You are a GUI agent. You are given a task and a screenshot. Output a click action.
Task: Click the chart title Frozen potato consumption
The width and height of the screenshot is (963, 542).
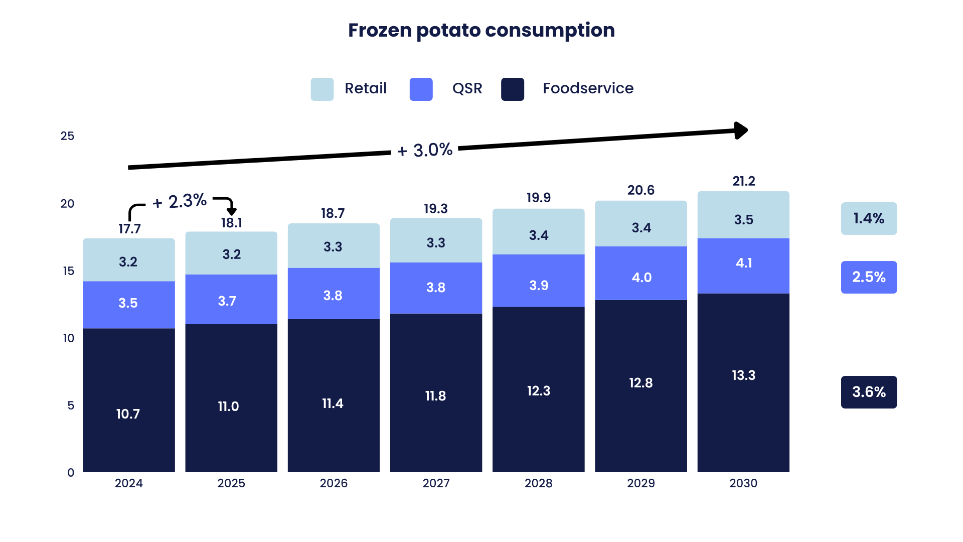tap(481, 30)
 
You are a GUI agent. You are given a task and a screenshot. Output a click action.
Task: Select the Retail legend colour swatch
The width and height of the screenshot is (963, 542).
tap(322, 89)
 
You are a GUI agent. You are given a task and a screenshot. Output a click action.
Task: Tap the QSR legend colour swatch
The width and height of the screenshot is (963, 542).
tap(421, 89)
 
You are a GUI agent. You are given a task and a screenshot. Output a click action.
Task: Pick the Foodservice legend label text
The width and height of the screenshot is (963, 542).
tap(588, 88)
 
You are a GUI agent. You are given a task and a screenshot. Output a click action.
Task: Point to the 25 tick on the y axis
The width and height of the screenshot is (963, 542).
tap(67, 136)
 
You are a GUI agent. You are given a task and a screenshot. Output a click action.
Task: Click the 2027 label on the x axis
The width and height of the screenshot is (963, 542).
tap(436, 483)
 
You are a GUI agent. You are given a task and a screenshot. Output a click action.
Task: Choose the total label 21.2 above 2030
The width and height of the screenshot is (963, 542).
tap(743, 181)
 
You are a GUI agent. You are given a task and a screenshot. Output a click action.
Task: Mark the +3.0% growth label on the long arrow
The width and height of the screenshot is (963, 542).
tap(425, 150)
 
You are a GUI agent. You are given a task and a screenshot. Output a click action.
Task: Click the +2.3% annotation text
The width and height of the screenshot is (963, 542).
tap(180, 202)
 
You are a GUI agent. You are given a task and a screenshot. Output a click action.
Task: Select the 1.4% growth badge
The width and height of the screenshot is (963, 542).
tap(869, 218)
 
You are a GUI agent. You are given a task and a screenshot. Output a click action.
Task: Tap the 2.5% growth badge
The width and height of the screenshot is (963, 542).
tap(869, 277)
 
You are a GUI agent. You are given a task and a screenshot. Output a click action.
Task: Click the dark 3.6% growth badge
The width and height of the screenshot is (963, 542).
tap(869, 392)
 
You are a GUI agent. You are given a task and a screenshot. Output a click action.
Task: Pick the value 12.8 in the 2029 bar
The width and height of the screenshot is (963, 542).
tap(641, 383)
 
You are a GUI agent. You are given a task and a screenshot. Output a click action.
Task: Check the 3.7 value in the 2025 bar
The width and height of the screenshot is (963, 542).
tap(227, 301)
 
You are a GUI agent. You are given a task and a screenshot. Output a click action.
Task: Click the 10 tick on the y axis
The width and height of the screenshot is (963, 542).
tap(69, 338)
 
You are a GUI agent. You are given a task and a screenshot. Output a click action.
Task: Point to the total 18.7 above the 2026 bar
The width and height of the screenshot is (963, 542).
tap(333, 213)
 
